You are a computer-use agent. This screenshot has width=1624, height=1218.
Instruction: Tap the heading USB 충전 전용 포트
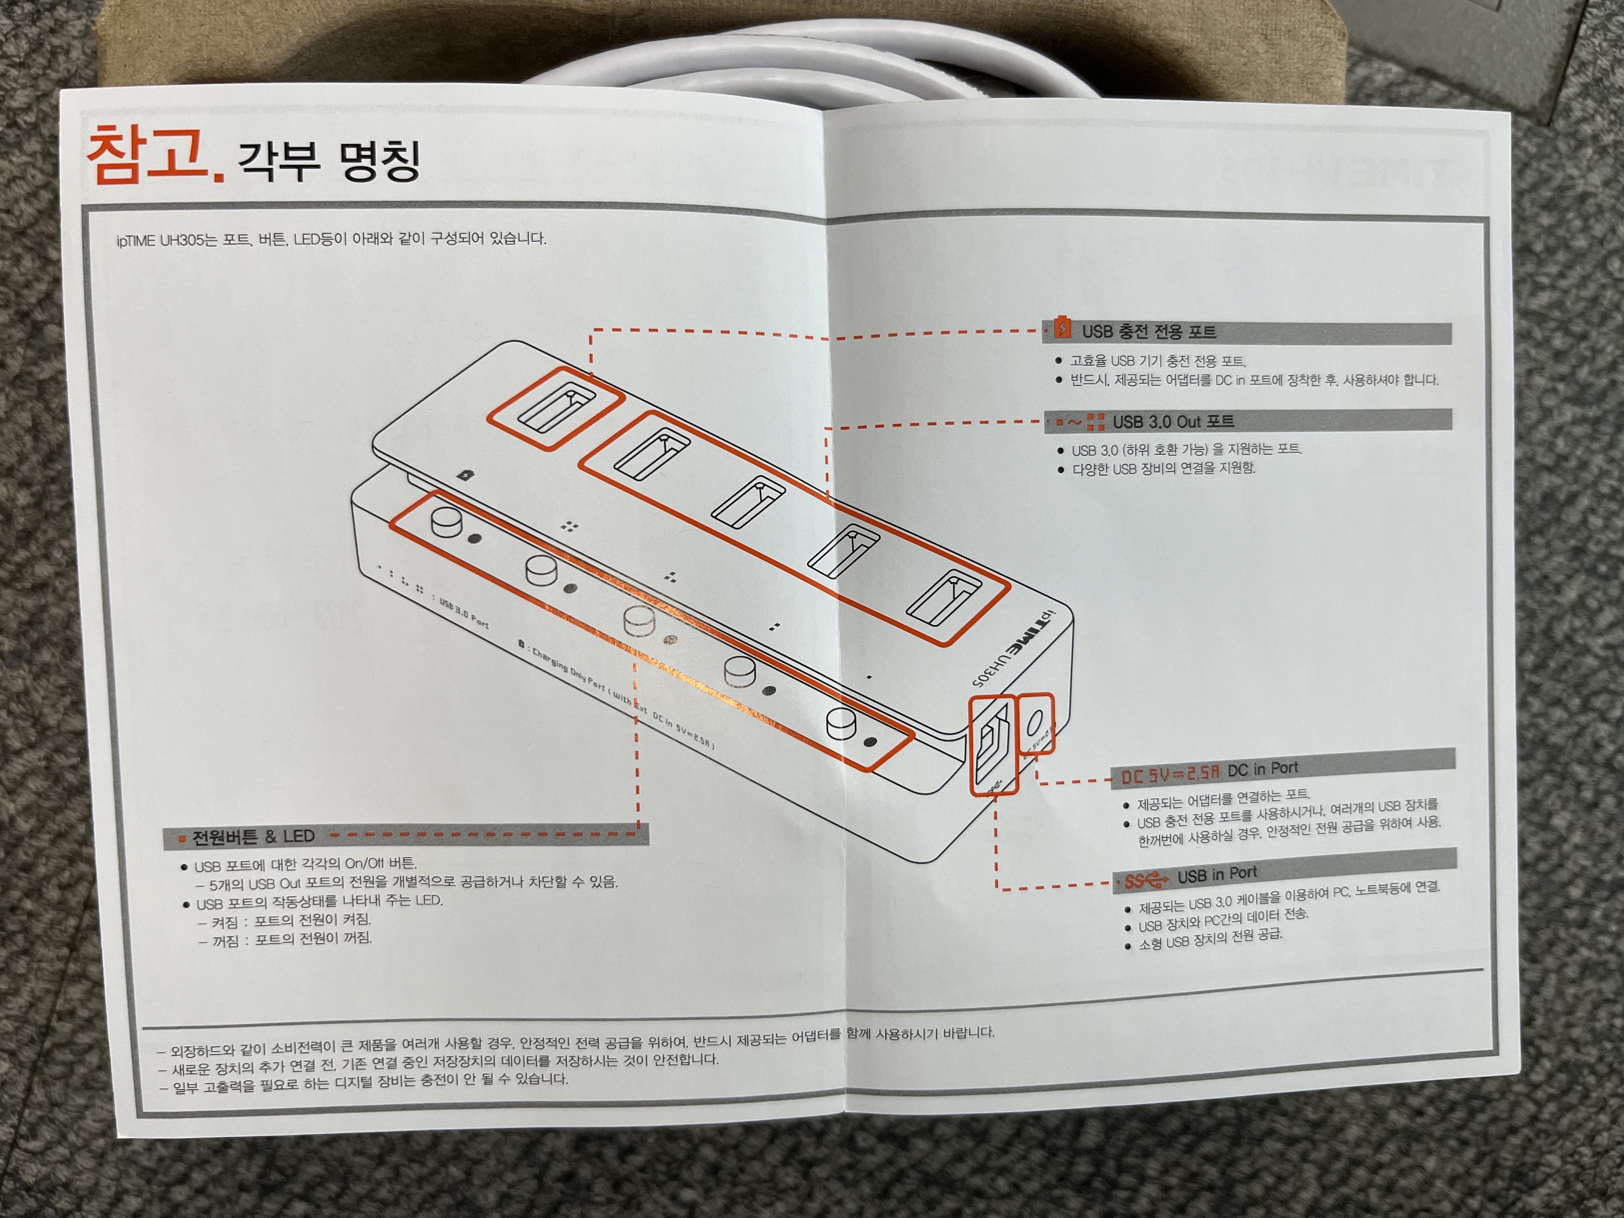(1150, 332)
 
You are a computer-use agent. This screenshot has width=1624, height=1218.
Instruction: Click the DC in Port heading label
(1263, 768)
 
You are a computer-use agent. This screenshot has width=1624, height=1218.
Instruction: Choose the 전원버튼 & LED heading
(253, 836)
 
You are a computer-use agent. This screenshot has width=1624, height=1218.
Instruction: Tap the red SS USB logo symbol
(1146, 880)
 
